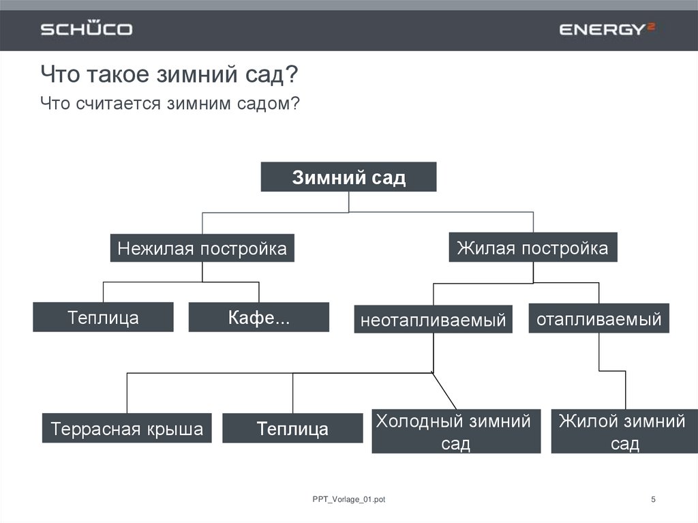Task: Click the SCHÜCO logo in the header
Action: [86, 29]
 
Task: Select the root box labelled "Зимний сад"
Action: [348, 177]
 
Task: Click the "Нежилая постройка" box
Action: [202, 248]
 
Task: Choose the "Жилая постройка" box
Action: [532, 247]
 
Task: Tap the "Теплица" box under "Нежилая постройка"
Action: [103, 317]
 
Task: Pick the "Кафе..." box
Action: [258, 317]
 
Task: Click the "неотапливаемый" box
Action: [434, 319]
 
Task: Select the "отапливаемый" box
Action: [598, 318]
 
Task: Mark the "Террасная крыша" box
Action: [127, 428]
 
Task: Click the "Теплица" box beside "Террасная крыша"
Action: [292, 428]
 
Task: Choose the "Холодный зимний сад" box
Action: [456, 431]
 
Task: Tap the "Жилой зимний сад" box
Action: [624, 431]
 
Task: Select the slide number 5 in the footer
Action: [653, 500]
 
